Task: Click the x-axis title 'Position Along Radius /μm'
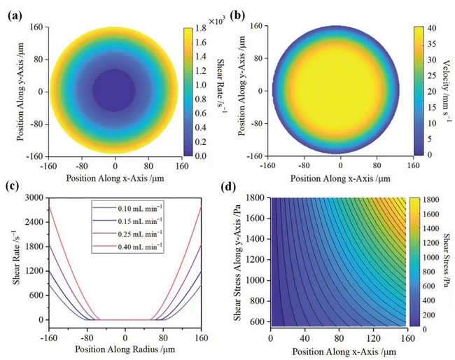click(x=125, y=348)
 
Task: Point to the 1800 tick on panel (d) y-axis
click(x=258, y=198)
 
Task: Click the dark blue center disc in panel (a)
click(x=115, y=91)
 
